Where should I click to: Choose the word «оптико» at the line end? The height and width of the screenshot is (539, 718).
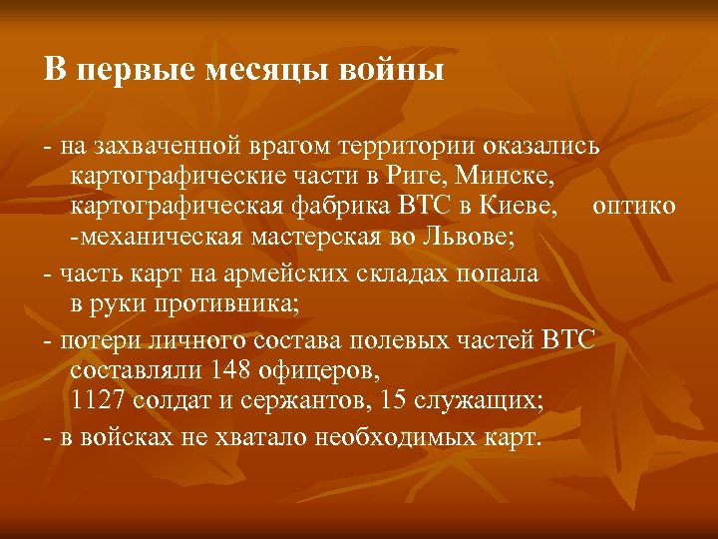pos(634,207)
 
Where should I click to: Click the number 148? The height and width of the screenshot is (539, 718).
pos(231,370)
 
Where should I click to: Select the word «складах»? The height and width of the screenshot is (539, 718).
pos(392,272)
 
